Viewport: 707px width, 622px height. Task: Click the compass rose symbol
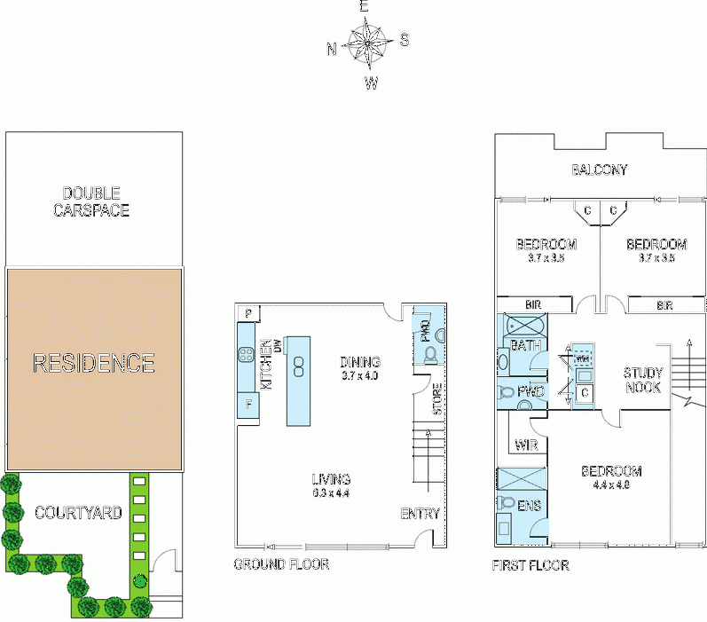(x=366, y=43)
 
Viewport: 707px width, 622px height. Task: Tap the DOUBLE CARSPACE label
(x=96, y=201)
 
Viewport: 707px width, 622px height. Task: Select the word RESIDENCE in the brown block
(x=94, y=363)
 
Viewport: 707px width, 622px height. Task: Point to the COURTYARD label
(x=78, y=512)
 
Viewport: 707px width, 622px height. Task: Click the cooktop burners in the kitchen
(x=246, y=358)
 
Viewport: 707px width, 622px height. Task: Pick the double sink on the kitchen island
(x=300, y=363)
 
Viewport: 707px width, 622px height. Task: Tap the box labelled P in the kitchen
(x=247, y=314)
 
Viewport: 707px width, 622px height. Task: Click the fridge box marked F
(x=247, y=407)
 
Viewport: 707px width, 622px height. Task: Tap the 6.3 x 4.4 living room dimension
(x=330, y=493)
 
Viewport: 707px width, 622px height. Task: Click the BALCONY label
(x=599, y=169)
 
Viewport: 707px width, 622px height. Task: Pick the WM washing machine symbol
(x=584, y=358)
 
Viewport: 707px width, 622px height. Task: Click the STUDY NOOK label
(x=642, y=381)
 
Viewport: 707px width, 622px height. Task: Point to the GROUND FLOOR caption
(x=280, y=564)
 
